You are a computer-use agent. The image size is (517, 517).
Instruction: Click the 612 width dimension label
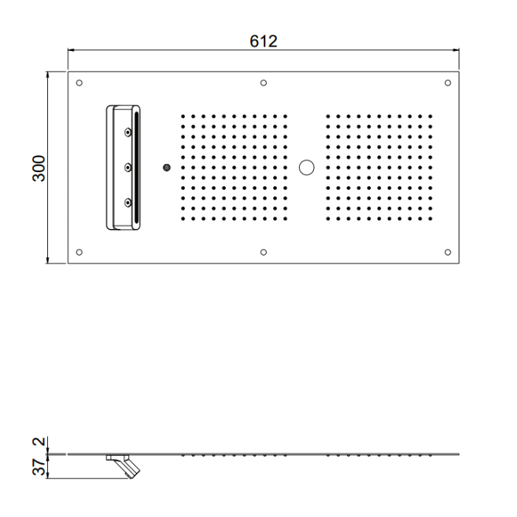point(263,41)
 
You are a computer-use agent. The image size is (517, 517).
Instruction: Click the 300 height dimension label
point(39,168)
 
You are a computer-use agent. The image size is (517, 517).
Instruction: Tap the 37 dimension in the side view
point(39,467)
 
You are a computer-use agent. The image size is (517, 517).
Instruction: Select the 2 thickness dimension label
point(39,441)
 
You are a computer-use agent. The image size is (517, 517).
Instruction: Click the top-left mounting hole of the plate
point(79,83)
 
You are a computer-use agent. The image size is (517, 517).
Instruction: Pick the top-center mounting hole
point(264,83)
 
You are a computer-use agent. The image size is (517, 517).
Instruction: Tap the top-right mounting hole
point(448,83)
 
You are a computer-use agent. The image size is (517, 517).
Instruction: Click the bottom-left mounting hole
point(79,253)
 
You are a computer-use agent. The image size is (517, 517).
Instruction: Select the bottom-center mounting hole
point(264,253)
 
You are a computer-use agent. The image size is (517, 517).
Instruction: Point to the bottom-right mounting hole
point(448,253)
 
